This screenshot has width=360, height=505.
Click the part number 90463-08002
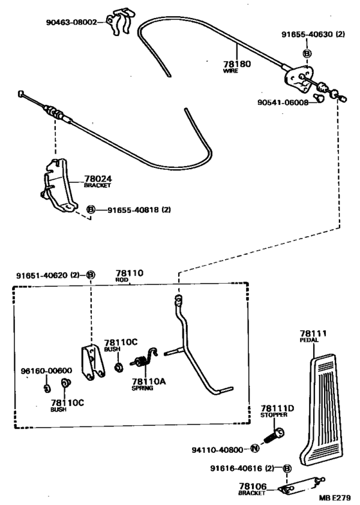click(x=71, y=23)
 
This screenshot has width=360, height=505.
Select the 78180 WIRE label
click(x=237, y=66)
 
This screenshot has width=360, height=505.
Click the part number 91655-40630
click(x=307, y=34)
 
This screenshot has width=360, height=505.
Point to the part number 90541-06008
click(x=283, y=102)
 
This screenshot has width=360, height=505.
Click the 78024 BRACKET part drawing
click(x=59, y=186)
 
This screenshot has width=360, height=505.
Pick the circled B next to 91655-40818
click(x=91, y=210)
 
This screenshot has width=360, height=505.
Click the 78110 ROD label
click(x=129, y=275)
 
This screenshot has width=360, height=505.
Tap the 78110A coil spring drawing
click(x=144, y=360)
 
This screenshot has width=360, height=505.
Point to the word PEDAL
click(x=309, y=340)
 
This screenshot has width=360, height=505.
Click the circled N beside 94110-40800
click(x=255, y=448)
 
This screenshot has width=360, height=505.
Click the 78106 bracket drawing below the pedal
click(x=301, y=485)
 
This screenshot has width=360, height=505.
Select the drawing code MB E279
click(x=335, y=497)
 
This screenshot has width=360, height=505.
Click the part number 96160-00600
click(x=46, y=371)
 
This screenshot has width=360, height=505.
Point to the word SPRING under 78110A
click(x=142, y=388)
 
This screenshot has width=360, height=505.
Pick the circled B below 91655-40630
click(x=307, y=53)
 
